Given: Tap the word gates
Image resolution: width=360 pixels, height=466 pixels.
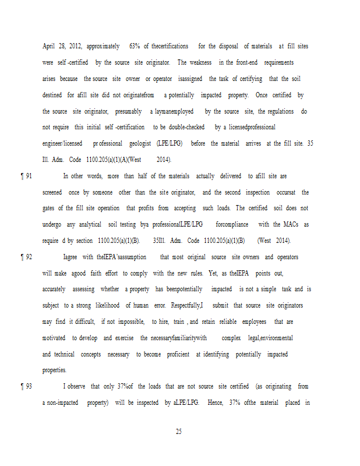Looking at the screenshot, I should (x=50, y=208).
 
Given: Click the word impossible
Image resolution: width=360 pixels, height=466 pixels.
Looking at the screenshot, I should (x=131, y=322).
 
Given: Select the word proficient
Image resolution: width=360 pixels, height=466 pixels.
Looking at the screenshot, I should (x=178, y=354).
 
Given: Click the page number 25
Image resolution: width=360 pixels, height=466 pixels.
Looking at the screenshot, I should (x=179, y=432).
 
